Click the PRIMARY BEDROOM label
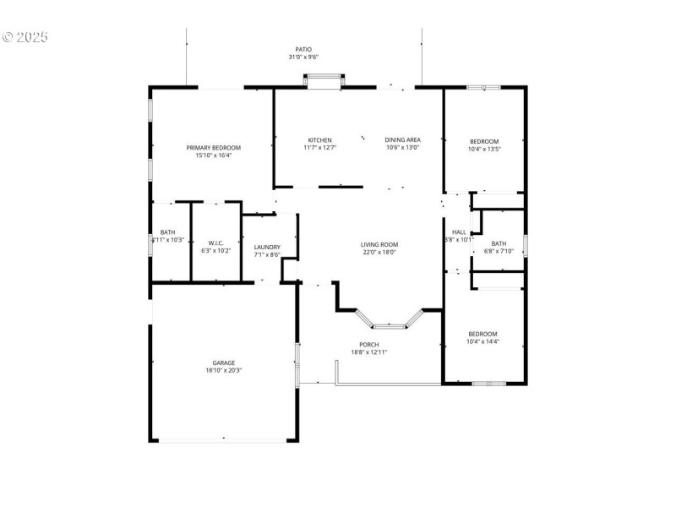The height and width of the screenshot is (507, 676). pyautogui.click(x=214, y=147)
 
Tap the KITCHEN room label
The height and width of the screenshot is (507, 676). pyautogui.click(x=319, y=140)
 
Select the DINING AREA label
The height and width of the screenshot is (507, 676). pyautogui.click(x=402, y=140)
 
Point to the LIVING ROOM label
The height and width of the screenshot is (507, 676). pyautogui.click(x=379, y=244)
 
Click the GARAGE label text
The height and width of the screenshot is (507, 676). pyautogui.click(x=223, y=363)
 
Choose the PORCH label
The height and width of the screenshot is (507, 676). pyautogui.click(x=369, y=344)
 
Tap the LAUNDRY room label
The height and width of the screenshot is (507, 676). pyautogui.click(x=267, y=247)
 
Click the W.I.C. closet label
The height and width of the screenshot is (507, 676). pyautogui.click(x=215, y=243)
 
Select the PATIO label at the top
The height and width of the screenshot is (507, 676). pyautogui.click(x=303, y=50)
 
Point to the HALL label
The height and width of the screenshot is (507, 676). pyautogui.click(x=459, y=232)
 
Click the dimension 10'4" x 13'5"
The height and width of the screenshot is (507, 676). pyautogui.click(x=484, y=150)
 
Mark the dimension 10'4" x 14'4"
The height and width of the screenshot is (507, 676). pyautogui.click(x=483, y=341)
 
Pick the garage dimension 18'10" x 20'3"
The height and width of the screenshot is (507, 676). pyautogui.click(x=223, y=370)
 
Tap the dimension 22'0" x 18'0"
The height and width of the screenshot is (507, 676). pyautogui.click(x=379, y=252)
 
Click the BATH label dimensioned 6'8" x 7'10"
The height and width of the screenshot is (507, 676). pyautogui.click(x=499, y=243)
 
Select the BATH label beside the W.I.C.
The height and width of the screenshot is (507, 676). pyautogui.click(x=167, y=232)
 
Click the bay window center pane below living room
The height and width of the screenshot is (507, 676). pyautogui.click(x=390, y=324)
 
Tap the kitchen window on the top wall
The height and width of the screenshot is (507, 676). pyautogui.click(x=324, y=77)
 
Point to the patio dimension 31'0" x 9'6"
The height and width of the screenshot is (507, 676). pyautogui.click(x=303, y=57)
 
